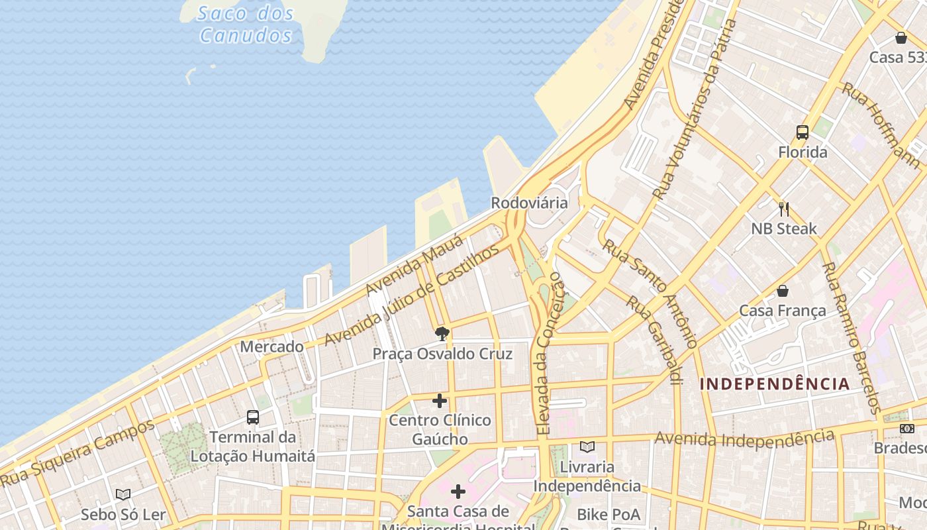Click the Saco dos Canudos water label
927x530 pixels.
pos(246,24)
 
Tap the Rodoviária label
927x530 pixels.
pos(529,203)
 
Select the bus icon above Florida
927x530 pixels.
pos(803,132)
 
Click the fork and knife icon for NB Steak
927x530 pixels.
pos(784,209)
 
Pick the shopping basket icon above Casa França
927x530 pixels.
pos(783,291)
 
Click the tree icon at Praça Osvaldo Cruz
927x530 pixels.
pos(442,333)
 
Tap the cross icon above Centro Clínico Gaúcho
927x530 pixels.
pos(440,401)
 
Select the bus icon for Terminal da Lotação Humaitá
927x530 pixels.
pos(253,417)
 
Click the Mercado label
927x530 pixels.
pos(271,346)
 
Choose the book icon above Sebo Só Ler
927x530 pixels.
pos(123,494)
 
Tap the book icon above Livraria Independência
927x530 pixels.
pos(587,447)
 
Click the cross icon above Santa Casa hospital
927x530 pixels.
pos(458,492)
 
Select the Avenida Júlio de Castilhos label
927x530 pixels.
pos(411,295)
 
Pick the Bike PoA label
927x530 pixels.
pos(609,514)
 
